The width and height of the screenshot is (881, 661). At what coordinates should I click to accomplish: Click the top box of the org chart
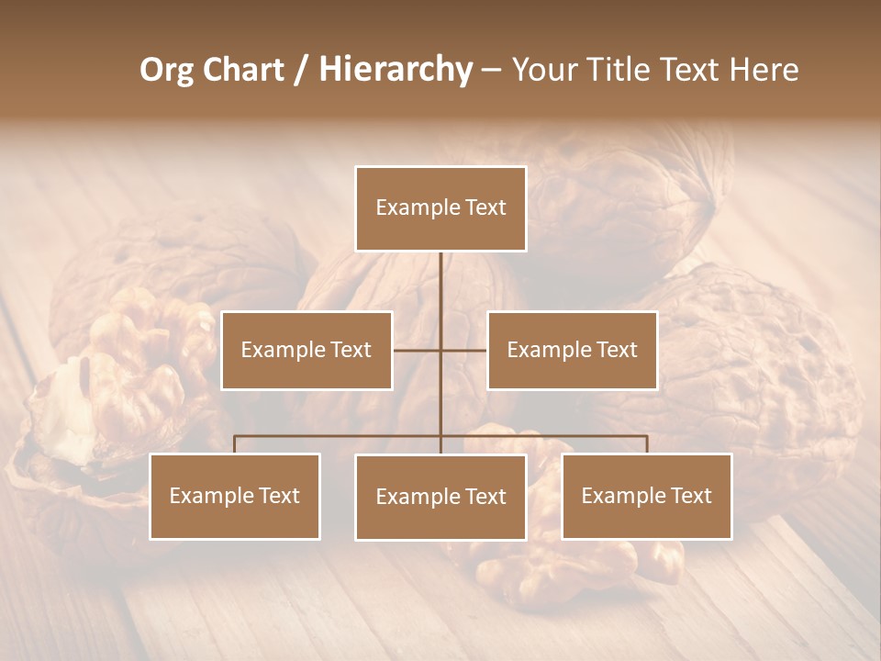click(440, 208)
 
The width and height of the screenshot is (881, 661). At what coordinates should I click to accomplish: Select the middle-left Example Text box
click(307, 350)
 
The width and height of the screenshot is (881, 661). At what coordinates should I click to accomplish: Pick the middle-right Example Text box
click(572, 350)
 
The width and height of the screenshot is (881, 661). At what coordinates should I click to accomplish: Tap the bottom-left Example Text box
click(235, 496)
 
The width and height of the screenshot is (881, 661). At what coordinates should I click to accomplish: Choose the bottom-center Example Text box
click(440, 497)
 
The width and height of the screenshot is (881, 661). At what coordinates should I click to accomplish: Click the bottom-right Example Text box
click(646, 496)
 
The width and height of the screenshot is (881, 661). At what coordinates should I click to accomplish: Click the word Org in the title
click(166, 70)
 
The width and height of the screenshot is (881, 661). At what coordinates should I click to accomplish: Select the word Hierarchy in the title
click(395, 70)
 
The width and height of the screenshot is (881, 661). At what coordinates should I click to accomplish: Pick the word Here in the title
click(764, 70)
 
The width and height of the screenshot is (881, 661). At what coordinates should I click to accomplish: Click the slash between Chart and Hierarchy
click(301, 70)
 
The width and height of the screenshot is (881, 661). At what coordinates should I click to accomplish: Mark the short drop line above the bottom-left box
click(235, 444)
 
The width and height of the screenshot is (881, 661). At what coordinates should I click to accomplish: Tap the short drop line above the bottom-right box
click(646, 444)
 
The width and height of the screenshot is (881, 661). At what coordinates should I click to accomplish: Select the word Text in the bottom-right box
click(691, 496)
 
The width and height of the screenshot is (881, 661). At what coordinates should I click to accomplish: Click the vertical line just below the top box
click(440, 275)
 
